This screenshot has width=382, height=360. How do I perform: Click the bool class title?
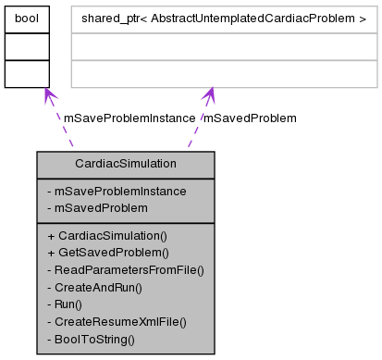[25, 18]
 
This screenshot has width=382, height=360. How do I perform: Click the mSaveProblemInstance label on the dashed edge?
[129, 118]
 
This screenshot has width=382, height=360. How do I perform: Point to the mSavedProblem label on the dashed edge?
[250, 118]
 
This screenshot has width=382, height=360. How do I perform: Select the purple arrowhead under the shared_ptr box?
[210, 95]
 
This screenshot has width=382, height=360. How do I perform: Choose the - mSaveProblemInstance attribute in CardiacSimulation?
[117, 192]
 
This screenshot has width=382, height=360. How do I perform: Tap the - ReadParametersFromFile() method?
[125, 270]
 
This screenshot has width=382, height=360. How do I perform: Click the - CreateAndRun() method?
[94, 288]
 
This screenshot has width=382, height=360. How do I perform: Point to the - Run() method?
[65, 304]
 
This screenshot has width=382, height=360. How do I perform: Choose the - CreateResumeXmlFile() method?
[117, 321]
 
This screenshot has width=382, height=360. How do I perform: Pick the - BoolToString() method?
[91, 339]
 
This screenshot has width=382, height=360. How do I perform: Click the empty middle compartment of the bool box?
[25, 45]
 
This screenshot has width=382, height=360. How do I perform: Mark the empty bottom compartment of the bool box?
[25, 73]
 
